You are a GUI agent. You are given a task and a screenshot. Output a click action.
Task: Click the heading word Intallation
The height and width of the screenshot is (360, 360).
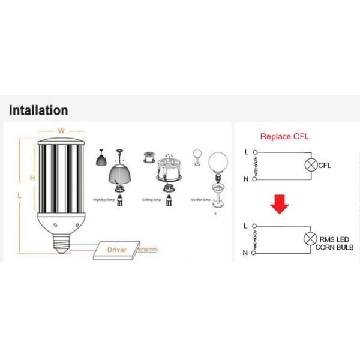pyautogui.click(x=38, y=110)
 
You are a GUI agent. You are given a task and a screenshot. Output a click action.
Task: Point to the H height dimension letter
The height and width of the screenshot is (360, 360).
pyautogui.click(x=33, y=178)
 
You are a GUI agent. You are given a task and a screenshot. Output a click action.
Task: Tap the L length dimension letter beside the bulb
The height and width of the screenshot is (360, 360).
pyautogui.click(x=19, y=196)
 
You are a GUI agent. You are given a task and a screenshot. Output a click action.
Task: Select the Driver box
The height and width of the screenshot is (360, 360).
pyautogui.click(x=116, y=248)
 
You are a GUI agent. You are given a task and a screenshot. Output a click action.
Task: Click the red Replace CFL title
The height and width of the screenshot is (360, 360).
pyautogui.click(x=284, y=136)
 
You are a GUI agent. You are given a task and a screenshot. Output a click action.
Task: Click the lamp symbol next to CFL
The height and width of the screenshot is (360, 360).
pyautogui.click(x=311, y=166)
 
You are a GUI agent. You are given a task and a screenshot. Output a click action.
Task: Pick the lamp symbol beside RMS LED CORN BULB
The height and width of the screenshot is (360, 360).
pyautogui.click(x=311, y=239)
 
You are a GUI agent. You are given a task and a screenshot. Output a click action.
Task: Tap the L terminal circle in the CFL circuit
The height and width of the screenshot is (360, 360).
pyautogui.click(x=253, y=151)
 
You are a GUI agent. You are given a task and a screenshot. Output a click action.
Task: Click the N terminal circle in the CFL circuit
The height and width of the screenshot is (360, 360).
pyautogui.click(x=253, y=179)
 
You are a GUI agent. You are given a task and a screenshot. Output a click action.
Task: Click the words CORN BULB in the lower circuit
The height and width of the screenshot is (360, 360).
pyautogui.click(x=337, y=247)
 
